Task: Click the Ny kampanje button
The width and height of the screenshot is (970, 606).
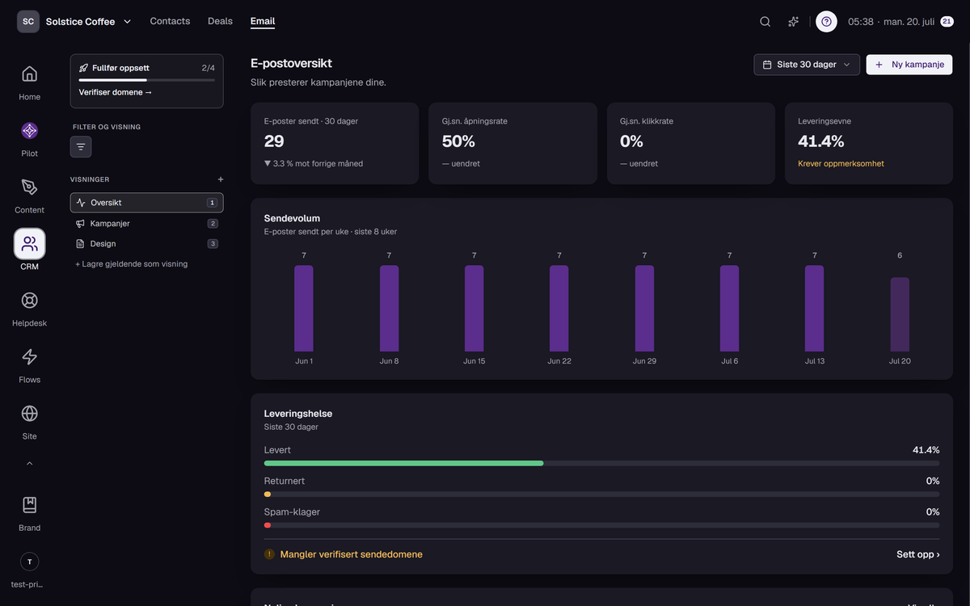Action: click(909, 65)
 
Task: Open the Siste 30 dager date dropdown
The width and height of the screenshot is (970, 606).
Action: click(807, 65)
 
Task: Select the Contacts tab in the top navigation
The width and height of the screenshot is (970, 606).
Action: click(170, 21)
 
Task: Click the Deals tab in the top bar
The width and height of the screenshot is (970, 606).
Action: click(220, 21)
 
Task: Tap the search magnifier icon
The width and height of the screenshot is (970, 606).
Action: click(765, 22)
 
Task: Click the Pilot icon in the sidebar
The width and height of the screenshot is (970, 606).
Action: click(29, 131)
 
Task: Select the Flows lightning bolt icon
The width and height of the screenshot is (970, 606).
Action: click(29, 356)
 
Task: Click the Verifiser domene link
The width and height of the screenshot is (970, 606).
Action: click(115, 92)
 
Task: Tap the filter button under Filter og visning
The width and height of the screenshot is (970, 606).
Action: click(81, 147)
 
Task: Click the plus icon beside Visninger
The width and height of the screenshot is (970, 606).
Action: click(221, 179)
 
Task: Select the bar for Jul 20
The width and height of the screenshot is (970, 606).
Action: click(900, 314)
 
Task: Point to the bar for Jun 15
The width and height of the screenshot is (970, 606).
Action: click(474, 308)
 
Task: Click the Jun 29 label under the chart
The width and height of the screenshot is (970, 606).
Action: click(644, 361)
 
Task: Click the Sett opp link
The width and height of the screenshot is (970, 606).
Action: click(917, 554)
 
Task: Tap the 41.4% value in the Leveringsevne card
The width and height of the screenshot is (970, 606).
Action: click(820, 141)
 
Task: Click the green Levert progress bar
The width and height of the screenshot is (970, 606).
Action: click(403, 463)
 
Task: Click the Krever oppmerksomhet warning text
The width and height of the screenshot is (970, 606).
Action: click(841, 163)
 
